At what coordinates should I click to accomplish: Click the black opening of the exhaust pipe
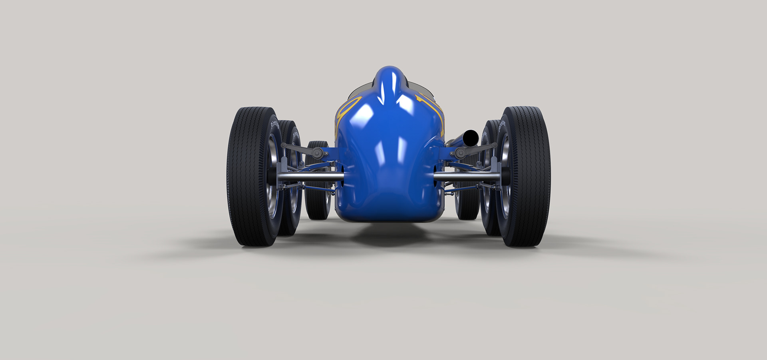point(471,138)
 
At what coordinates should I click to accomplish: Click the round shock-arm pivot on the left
point(317,152)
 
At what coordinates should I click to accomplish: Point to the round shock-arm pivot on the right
point(460,152)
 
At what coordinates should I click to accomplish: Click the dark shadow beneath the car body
point(389,236)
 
